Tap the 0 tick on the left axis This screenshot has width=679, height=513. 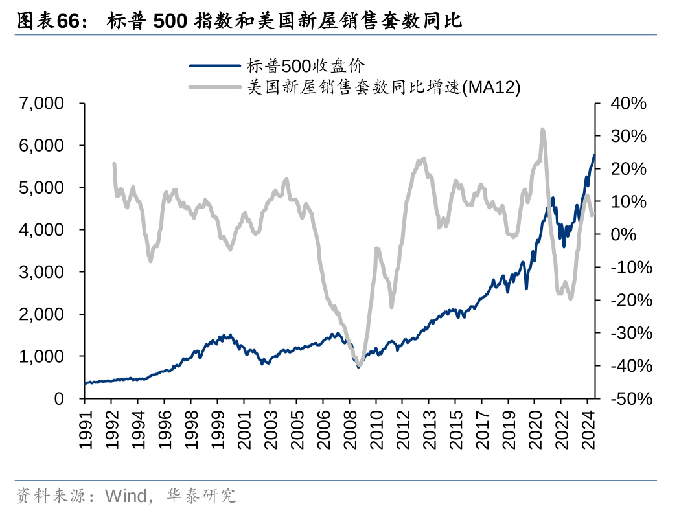[59, 398]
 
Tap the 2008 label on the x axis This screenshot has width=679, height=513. [350, 429]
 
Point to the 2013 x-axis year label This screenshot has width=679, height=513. [429, 429]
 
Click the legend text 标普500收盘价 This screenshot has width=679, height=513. [305, 65]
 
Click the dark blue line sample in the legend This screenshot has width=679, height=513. [215, 65]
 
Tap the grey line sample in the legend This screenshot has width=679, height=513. [215, 87]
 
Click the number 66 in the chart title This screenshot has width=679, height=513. [67, 21]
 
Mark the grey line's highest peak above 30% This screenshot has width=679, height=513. [542, 130]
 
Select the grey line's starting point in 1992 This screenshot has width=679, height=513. [114, 164]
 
